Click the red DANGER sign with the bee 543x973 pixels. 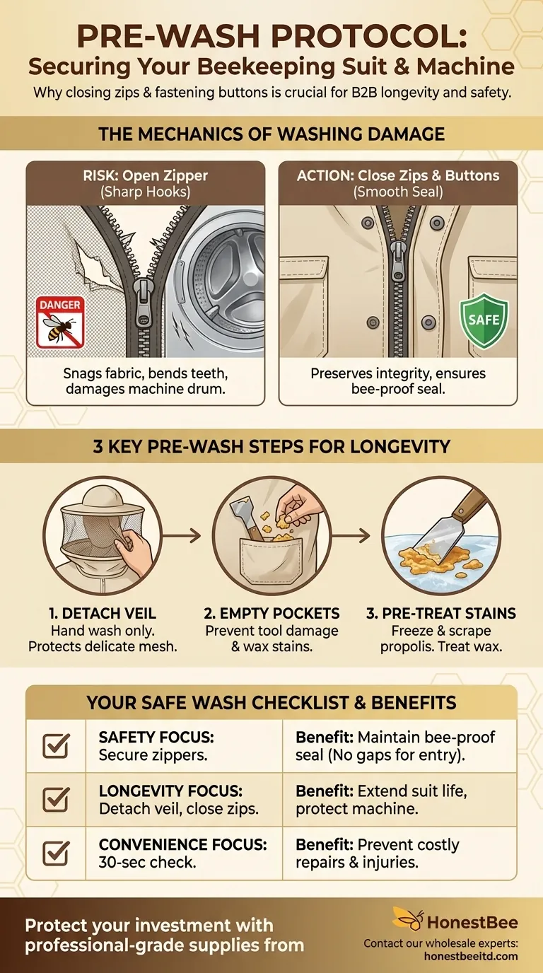click(x=60, y=322)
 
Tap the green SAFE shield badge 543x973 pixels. click(x=484, y=320)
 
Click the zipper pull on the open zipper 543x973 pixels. click(x=143, y=305)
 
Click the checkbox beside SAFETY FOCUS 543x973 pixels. click(x=57, y=746)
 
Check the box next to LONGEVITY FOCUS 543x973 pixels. click(x=57, y=800)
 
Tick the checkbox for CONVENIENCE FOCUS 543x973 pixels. click(x=57, y=853)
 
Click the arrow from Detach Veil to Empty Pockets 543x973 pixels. click(x=182, y=535)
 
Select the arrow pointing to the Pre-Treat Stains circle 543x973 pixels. click(x=351, y=535)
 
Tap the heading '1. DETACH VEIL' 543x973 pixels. click(x=103, y=613)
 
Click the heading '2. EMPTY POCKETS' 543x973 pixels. click(x=272, y=613)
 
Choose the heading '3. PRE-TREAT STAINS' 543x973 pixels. click(x=441, y=613)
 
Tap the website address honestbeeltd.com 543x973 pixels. click(x=471, y=956)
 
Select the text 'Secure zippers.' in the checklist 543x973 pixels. click(x=153, y=755)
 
